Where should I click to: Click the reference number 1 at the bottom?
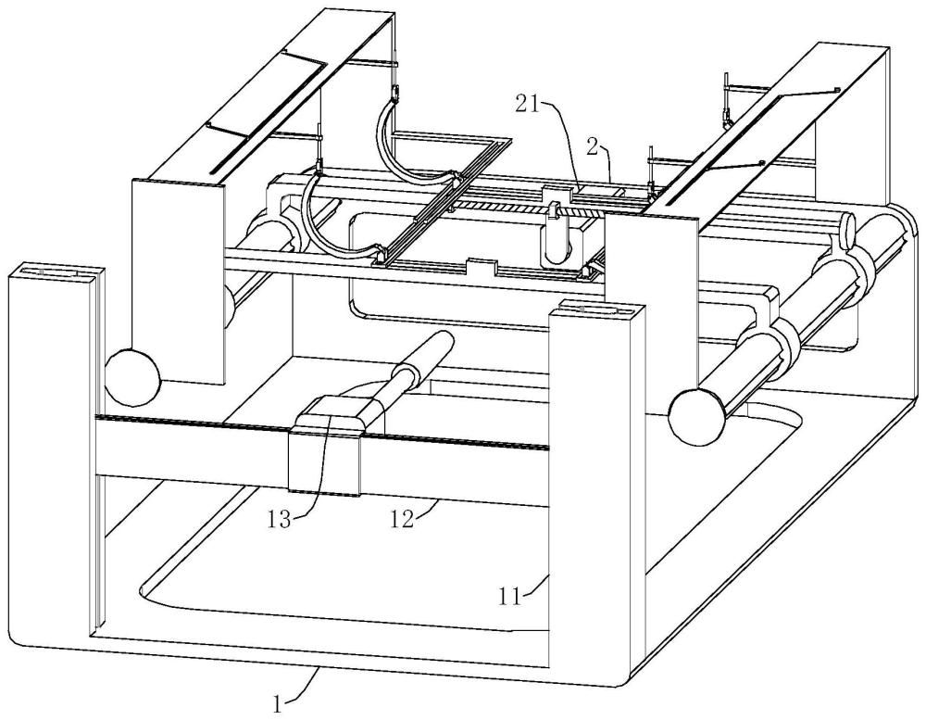click(276, 703)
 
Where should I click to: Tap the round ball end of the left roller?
click(132, 374)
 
